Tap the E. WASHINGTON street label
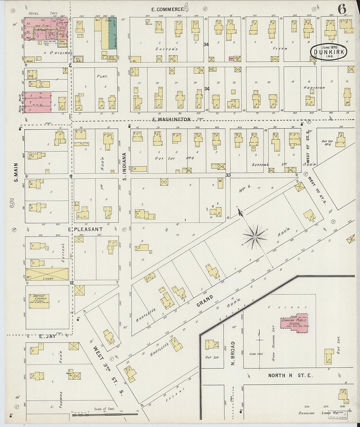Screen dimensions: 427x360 tap(171, 119)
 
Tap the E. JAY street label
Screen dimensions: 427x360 tap(46, 336)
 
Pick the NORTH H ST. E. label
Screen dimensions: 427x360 tap(290, 375)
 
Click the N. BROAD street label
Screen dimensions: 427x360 tap(233, 353)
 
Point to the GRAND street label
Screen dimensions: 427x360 tap(205, 301)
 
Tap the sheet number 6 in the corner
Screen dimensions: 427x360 tap(342, 9)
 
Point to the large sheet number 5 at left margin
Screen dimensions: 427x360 tap(12, 204)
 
